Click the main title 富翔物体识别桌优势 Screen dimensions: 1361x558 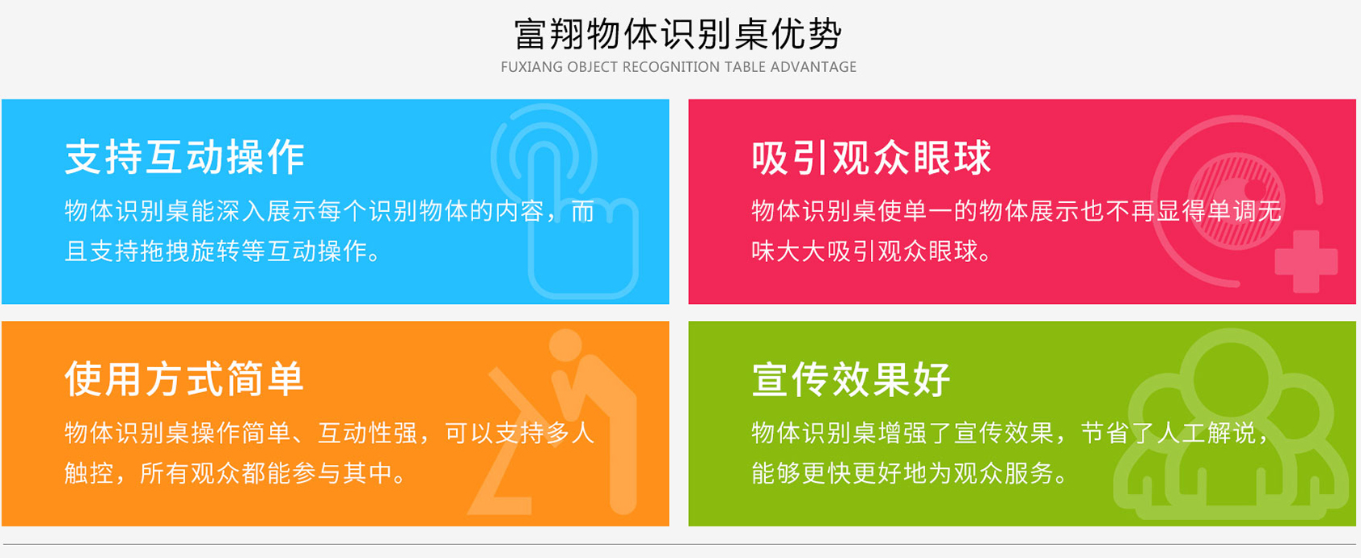pos(678,34)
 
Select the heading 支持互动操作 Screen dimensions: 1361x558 pos(184,157)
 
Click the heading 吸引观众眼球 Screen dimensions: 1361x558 pos(871,158)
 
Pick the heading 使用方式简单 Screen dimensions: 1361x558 pos(184,378)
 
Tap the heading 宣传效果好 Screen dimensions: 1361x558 pos(852,379)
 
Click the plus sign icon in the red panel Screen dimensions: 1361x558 pos(1306,260)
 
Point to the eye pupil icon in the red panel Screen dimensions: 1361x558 pos(1237,200)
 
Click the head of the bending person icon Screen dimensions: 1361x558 pos(565,346)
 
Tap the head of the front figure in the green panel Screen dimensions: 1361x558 pos(1231,379)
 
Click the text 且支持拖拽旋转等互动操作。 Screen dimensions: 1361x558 pos(223,251)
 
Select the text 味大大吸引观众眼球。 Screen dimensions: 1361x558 pos(872,251)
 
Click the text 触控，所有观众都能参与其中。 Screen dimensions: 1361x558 pos(236,473)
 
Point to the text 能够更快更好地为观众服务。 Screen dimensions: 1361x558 pos(910,473)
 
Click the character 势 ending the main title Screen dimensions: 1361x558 pos(825,34)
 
